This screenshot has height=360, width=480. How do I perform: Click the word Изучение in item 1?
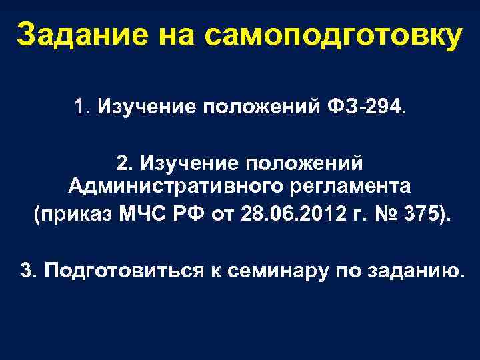point(137,107)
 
